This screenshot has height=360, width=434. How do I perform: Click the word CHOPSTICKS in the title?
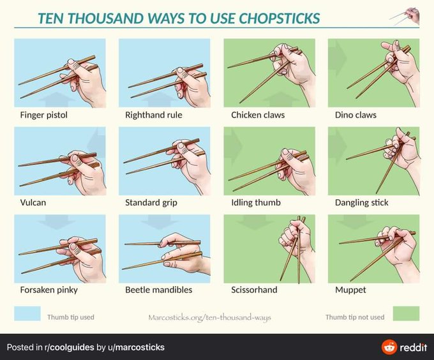(279, 19)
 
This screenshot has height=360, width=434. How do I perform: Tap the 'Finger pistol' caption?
(44, 115)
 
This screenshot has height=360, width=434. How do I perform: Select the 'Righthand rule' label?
(154, 115)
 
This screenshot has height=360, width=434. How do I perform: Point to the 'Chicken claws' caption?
(258, 115)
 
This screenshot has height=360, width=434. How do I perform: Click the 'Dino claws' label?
(355, 115)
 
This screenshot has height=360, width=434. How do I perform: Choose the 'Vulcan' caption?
(33, 202)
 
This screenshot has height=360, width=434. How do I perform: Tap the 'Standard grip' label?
(151, 202)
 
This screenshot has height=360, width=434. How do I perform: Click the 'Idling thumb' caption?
(256, 202)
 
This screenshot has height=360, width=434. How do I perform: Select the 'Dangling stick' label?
(362, 202)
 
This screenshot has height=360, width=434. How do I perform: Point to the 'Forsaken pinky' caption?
(49, 290)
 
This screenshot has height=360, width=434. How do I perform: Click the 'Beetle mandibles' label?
(158, 290)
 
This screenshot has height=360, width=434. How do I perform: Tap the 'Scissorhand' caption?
(254, 290)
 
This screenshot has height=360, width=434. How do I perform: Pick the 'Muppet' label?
(350, 290)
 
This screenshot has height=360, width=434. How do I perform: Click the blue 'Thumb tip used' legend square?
(27, 313)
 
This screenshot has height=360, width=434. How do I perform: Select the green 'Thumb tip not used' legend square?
(406, 313)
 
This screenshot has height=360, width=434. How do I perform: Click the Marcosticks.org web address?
(209, 317)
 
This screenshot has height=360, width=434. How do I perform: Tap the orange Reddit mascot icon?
(389, 347)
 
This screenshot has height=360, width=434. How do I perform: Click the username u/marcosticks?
(140, 347)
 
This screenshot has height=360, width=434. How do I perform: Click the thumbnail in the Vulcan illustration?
(75, 158)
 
